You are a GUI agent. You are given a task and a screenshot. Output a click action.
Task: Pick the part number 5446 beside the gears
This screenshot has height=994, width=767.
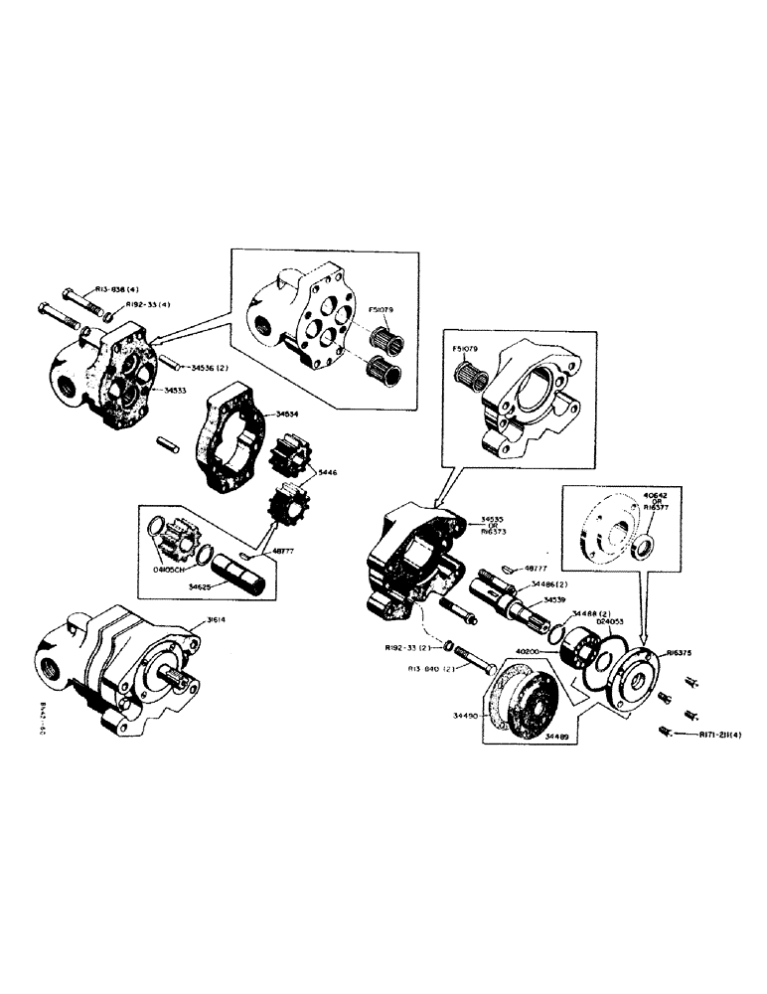330,473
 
